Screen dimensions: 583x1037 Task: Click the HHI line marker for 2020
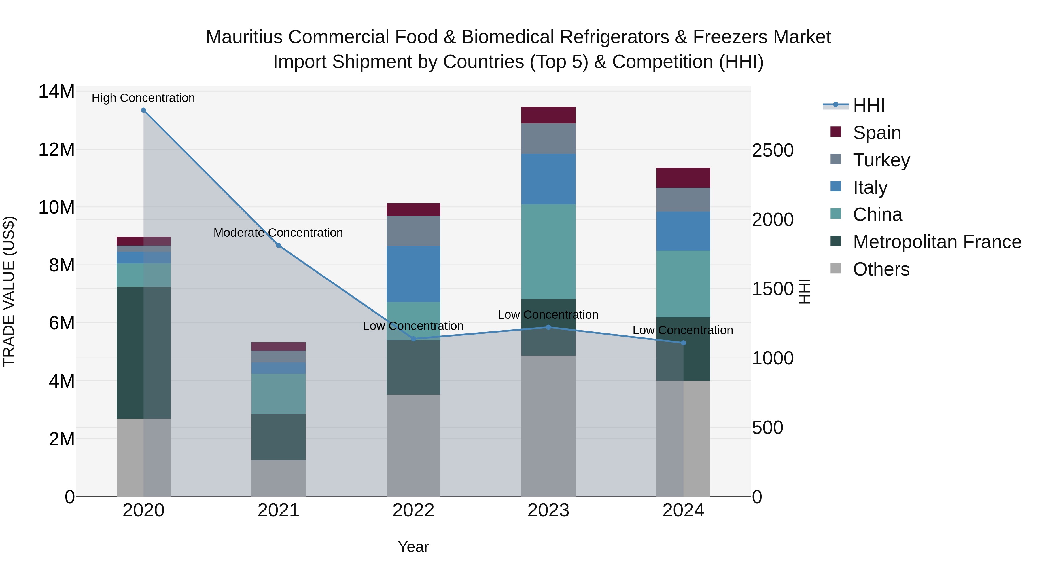coord(143,110)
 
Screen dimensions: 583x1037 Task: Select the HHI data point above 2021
coord(278,245)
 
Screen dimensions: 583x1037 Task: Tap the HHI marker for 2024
coord(683,343)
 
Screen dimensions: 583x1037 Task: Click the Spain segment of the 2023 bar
coord(548,115)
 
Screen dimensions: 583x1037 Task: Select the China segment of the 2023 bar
coord(548,251)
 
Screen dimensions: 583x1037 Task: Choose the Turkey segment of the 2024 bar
coord(683,200)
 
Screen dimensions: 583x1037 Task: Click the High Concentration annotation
coord(143,98)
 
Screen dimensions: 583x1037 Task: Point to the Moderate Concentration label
coord(278,233)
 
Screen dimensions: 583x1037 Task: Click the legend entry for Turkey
coord(881,160)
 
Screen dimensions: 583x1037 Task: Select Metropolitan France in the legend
coord(936,242)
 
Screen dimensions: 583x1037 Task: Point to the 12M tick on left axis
coord(56,150)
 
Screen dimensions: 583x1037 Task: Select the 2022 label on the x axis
coord(413,510)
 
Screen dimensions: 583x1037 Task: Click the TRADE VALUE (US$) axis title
coord(9,291)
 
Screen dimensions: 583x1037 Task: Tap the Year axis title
coord(413,547)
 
